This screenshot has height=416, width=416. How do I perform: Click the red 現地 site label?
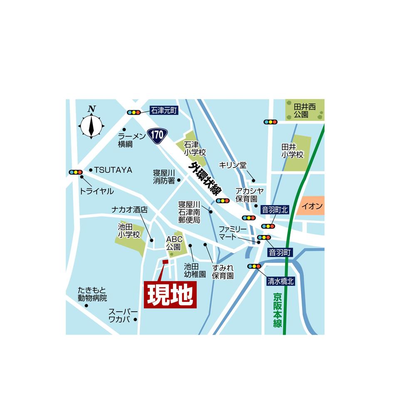pyautogui.click(x=170, y=295)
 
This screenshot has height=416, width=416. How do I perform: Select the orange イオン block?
pyautogui.click(x=312, y=206)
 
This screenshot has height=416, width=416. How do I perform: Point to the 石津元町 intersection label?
pyautogui.click(x=164, y=111)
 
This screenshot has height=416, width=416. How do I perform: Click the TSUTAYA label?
pyautogui.click(x=113, y=170)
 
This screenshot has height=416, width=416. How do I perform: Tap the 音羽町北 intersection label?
pyautogui.click(x=275, y=210)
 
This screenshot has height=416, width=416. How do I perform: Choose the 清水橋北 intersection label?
pyautogui.click(x=280, y=281)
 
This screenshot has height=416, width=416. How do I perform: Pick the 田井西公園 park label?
pyautogui.click(x=305, y=110)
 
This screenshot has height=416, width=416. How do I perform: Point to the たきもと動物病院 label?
pyautogui.click(x=92, y=294)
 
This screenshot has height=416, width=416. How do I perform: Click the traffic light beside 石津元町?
pyautogui.click(x=134, y=112)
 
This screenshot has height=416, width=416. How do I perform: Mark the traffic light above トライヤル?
pyautogui.click(x=76, y=172)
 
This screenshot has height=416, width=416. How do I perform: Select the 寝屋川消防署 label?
pyautogui.click(x=164, y=176)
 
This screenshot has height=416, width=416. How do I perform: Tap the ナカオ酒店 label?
pyautogui.click(x=129, y=210)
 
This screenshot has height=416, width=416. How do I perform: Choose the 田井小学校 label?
pyautogui.click(x=292, y=151)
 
